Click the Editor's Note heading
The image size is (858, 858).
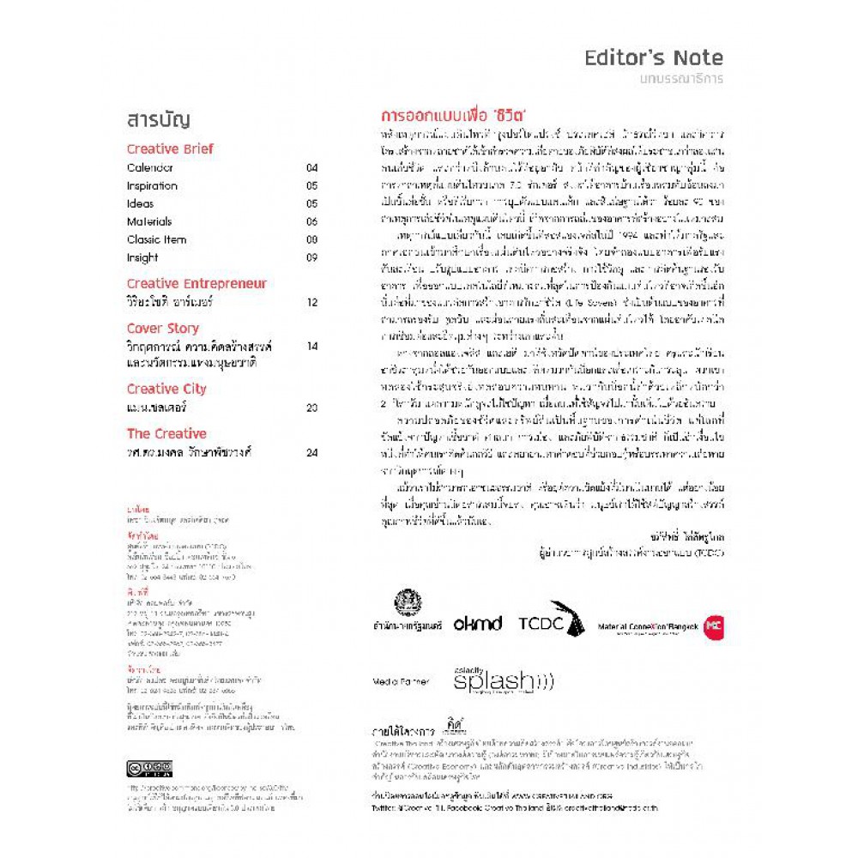coord(653,58)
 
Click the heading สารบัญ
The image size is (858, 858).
coord(158,120)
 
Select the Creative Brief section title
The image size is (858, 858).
coord(170,148)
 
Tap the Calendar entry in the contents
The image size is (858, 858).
coord(150,168)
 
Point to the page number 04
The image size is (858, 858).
coord(311,168)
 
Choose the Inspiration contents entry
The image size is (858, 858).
coord(152,186)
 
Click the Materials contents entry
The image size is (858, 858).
coord(149,221)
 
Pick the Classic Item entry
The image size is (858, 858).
coord(156,239)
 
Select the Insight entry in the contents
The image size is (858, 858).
coord(142,257)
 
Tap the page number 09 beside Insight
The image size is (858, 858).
coord(311,257)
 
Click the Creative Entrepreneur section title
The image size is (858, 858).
coord(196,283)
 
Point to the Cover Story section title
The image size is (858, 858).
coord(162,328)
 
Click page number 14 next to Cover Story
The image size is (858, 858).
coord(311,347)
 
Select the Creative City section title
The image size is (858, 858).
coord(166,389)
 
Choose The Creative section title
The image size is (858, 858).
coord(166,433)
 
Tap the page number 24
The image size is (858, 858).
coord(311,452)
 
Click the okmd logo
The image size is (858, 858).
coord(477,624)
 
